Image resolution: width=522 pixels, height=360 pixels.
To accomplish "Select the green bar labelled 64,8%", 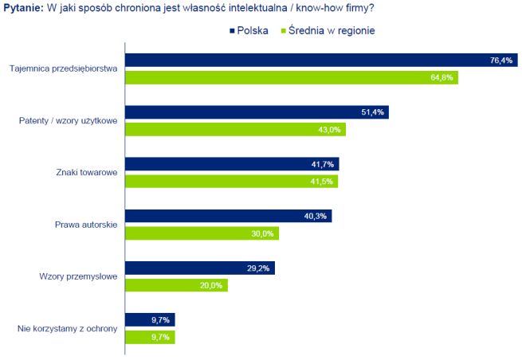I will click(x=292, y=77).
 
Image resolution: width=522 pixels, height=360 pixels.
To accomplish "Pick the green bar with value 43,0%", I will click(x=236, y=129).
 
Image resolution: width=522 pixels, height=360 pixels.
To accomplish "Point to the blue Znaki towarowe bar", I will click(x=232, y=164).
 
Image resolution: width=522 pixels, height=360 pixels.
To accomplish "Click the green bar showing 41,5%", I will click(x=231, y=181).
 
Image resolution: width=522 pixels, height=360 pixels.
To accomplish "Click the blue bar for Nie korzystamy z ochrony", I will click(x=150, y=319).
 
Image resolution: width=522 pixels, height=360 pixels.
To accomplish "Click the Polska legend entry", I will click(x=247, y=31).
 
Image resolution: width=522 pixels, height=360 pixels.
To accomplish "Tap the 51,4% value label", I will click(x=373, y=112).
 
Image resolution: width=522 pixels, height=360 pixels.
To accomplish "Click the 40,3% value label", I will click(x=317, y=216).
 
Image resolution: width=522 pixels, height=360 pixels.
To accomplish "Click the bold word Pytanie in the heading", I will click(x=21, y=8).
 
